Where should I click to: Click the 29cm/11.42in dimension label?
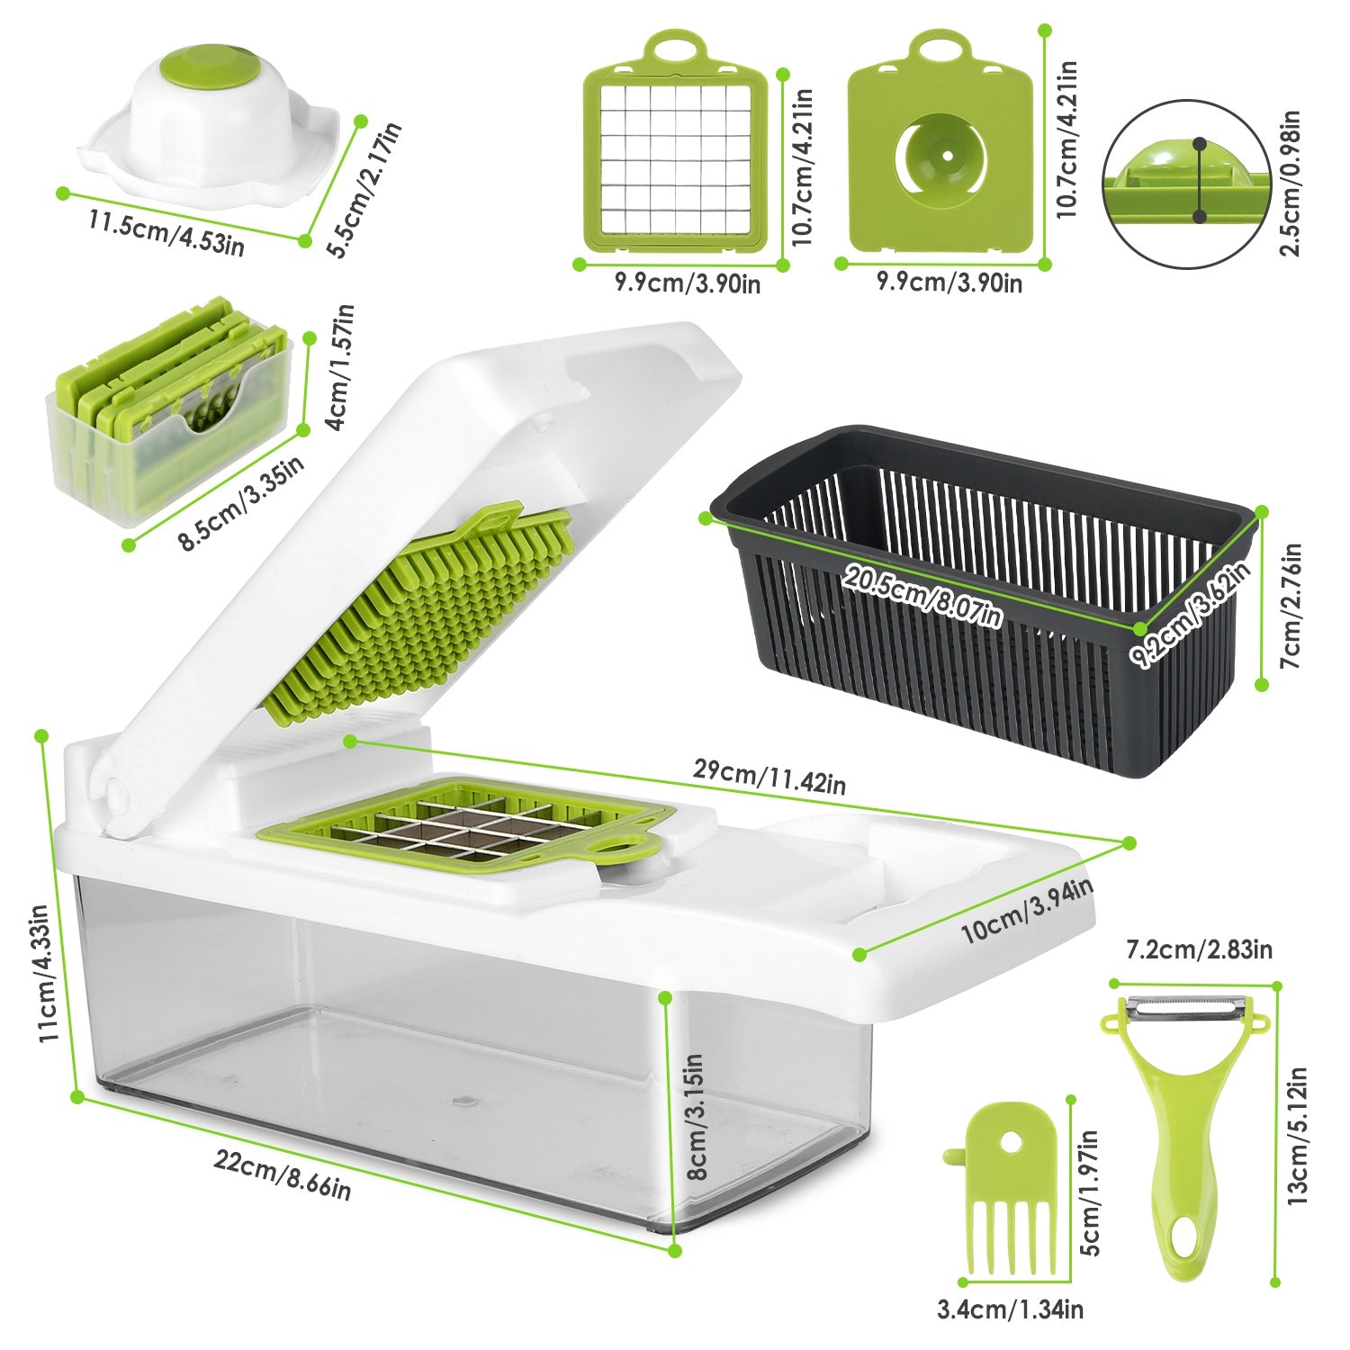pyautogui.click(x=769, y=776)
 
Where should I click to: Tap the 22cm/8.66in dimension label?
pyautogui.click(x=283, y=1174)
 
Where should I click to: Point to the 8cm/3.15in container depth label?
pyautogui.click(x=695, y=1116)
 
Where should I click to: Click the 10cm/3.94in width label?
pyautogui.click(x=1026, y=911)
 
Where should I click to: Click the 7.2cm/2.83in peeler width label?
pyautogui.click(x=1199, y=949)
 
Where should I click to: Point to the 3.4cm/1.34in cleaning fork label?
pyautogui.click(x=1010, y=1309)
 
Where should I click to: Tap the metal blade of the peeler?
pyautogui.click(x=1184, y=1010)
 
